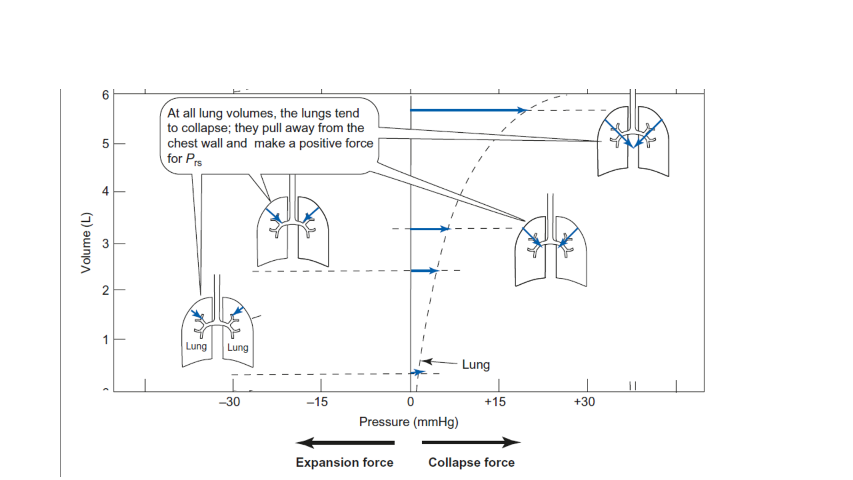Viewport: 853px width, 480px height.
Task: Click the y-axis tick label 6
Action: (106, 95)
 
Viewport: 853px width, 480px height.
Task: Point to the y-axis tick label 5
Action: (106, 144)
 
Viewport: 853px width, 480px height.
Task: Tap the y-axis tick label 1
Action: (106, 339)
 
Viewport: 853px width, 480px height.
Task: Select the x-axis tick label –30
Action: (230, 402)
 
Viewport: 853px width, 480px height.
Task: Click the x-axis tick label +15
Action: (495, 402)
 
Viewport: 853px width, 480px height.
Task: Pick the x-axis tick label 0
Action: (411, 402)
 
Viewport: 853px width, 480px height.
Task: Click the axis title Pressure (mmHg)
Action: (408, 422)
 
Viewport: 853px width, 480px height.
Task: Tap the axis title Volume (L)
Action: (86, 243)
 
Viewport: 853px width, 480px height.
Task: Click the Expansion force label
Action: (344, 462)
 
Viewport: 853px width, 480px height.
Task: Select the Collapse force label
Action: (471, 462)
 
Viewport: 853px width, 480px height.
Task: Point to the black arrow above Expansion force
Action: (345, 443)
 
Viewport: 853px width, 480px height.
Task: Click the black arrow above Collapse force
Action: (471, 443)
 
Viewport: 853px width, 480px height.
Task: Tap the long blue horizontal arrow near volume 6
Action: (468, 110)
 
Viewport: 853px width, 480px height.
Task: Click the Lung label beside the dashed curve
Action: (476, 365)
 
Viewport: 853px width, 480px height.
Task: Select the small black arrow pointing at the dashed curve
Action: (439, 362)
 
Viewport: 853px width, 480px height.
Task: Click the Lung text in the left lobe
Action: (197, 346)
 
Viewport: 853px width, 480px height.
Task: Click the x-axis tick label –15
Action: (318, 402)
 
